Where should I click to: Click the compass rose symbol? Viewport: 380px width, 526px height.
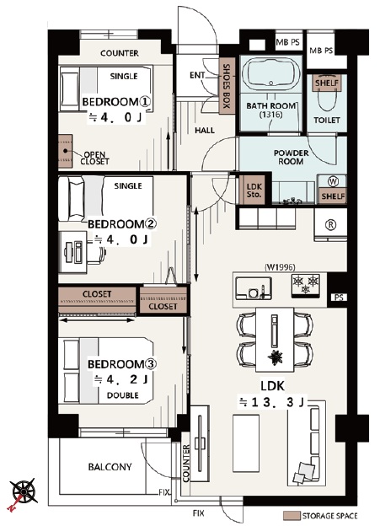pyautogui.click(x=23, y=492)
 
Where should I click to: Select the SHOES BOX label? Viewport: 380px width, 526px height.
pyautogui.click(x=227, y=86)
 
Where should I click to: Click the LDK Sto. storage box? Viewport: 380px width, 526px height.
pyautogui.click(x=254, y=190)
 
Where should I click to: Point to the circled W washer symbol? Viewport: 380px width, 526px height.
pyautogui.click(x=333, y=181)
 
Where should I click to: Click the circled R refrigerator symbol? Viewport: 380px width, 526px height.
pyautogui.click(x=330, y=225)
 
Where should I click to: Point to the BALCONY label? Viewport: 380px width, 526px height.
pyautogui.click(x=110, y=467)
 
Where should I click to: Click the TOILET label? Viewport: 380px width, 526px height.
pyautogui.click(x=327, y=120)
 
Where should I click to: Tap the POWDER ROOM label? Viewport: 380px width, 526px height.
pyautogui.click(x=291, y=157)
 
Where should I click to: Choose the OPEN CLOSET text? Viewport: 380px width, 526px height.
pyautogui.click(x=94, y=158)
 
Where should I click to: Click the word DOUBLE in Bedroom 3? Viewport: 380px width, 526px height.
pyautogui.click(x=123, y=395)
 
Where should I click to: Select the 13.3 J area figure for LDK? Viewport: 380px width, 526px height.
pyautogui.click(x=271, y=402)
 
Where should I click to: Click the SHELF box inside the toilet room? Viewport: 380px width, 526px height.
pyautogui.click(x=327, y=83)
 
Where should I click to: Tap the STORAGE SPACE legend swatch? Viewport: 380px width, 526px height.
pyautogui.click(x=292, y=515)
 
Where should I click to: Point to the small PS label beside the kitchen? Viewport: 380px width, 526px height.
pyautogui.click(x=339, y=298)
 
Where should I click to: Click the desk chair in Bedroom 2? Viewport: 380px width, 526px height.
pyautogui.click(x=97, y=252)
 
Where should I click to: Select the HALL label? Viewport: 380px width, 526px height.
pyautogui.click(x=205, y=130)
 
